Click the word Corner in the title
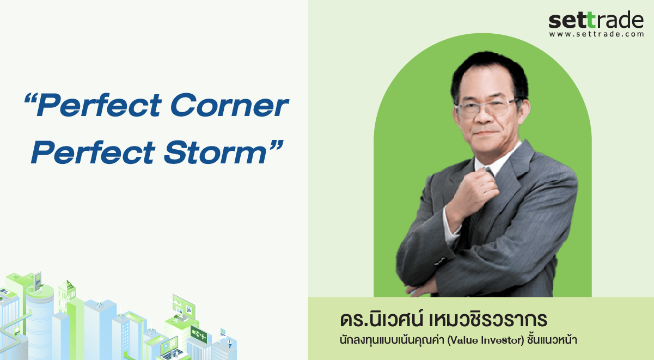pos(229,105)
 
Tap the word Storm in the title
pos(216,152)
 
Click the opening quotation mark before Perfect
pos(30,98)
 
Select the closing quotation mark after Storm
pos(277,145)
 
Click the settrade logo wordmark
pos(596,20)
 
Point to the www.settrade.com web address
pos(596,34)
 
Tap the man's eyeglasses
pos(487,108)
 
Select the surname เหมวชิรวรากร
pos(488,320)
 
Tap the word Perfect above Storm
pos(93,152)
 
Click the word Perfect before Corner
pos(99,105)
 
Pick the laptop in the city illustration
pos(171,350)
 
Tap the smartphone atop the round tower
pos(38,282)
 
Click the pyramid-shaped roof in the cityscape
pos(67,284)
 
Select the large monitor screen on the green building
pos(184,307)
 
